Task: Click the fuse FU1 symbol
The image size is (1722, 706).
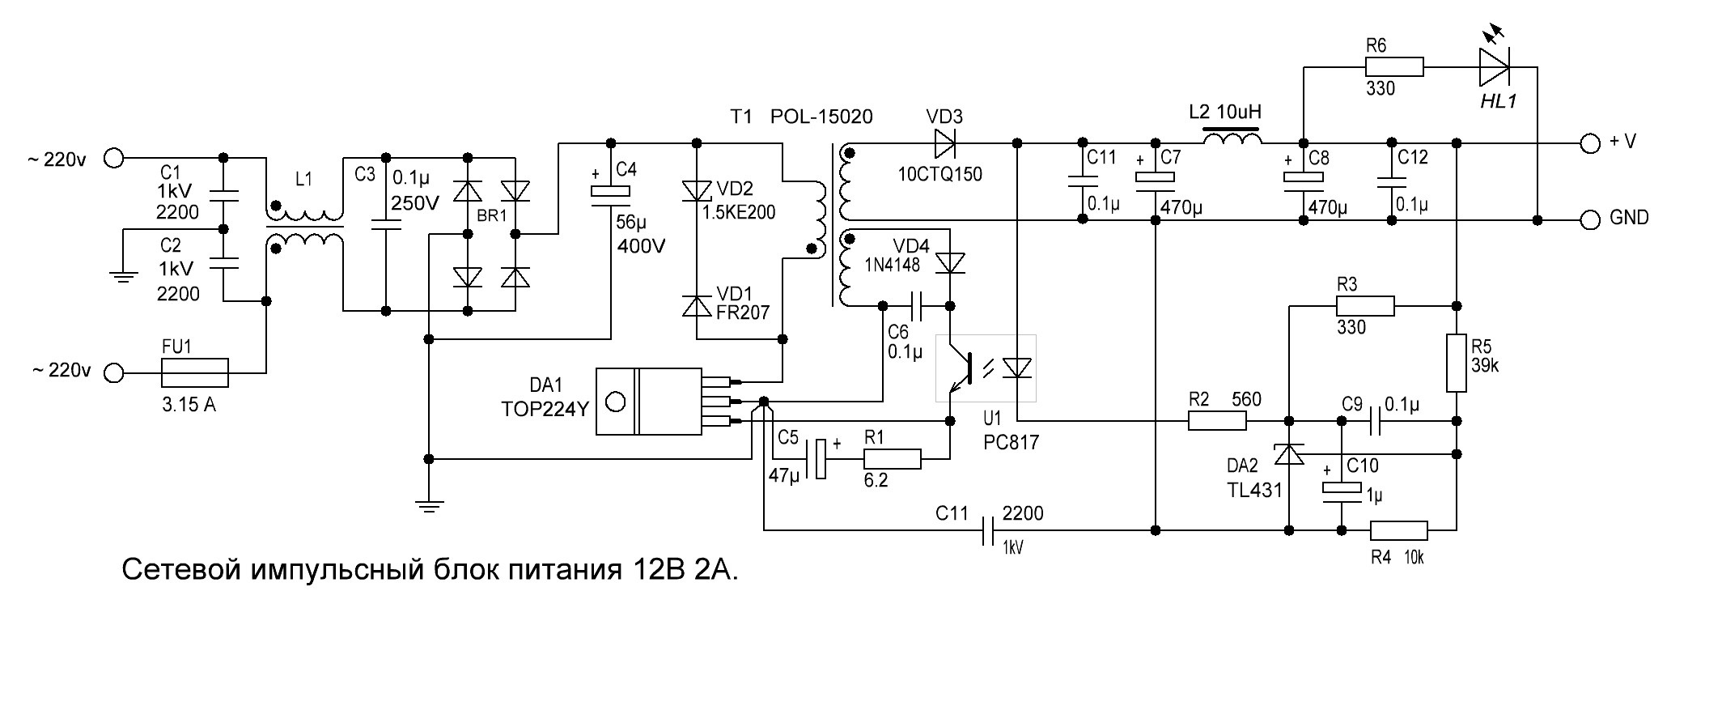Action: pyautogui.click(x=195, y=373)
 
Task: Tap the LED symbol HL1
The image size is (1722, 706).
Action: pyautogui.click(x=1495, y=67)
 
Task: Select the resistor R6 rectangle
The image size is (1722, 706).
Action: pyautogui.click(x=1394, y=67)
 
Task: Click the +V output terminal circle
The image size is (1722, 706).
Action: pyautogui.click(x=1590, y=143)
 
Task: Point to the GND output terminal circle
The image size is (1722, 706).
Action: pyautogui.click(x=1590, y=219)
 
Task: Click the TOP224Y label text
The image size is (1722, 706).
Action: pyautogui.click(x=545, y=409)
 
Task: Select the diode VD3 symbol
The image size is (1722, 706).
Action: pyautogui.click(x=945, y=143)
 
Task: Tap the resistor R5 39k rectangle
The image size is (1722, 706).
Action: pyautogui.click(x=1457, y=364)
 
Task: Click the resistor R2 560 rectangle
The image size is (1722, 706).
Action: pyautogui.click(x=1218, y=421)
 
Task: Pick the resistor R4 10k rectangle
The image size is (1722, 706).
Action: pyautogui.click(x=1399, y=531)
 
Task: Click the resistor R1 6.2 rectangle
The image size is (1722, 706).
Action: pyautogui.click(x=893, y=459)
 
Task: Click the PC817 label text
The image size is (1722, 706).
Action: pyautogui.click(x=1012, y=443)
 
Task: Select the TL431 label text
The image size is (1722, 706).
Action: pyautogui.click(x=1253, y=490)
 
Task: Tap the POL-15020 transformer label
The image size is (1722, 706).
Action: pyautogui.click(x=821, y=117)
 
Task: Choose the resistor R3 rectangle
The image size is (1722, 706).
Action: pyautogui.click(x=1365, y=306)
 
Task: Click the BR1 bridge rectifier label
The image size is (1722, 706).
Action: pyautogui.click(x=491, y=216)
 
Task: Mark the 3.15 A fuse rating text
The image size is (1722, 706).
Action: pyautogui.click(x=189, y=405)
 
